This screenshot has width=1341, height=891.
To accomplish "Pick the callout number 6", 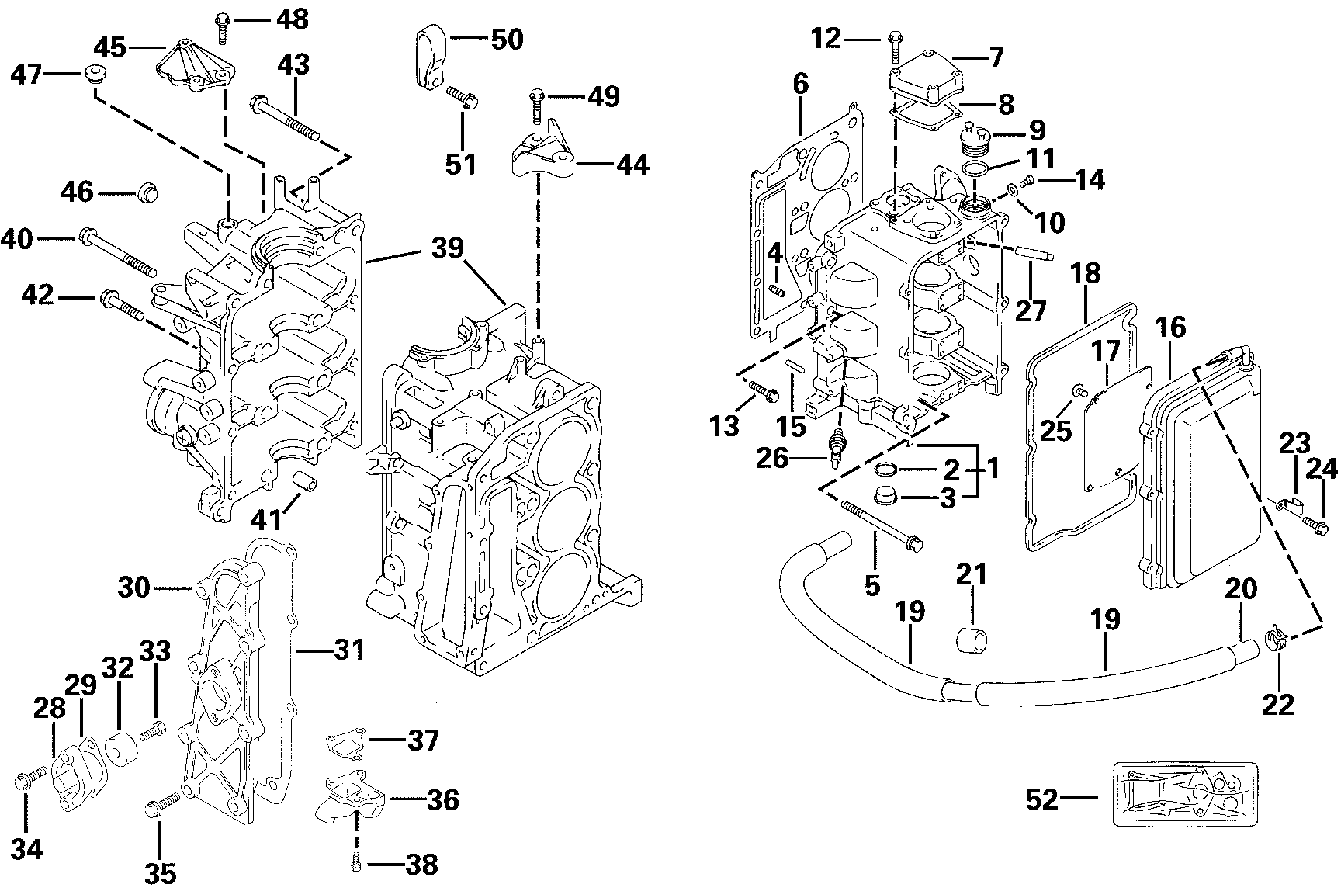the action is pyautogui.click(x=800, y=83).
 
